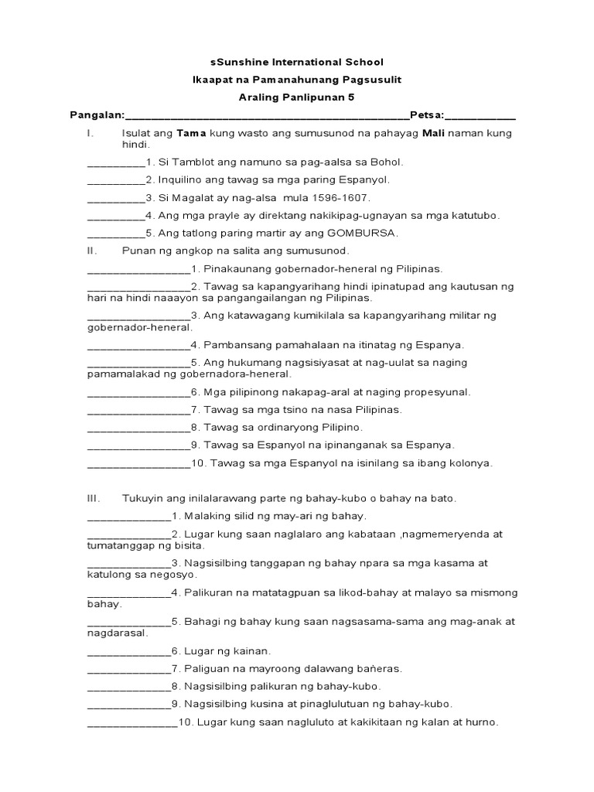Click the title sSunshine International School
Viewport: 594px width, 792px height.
pyautogui.click(x=297, y=62)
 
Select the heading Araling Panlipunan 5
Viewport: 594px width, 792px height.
pyautogui.click(x=297, y=98)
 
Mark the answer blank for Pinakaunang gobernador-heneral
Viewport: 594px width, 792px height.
pyautogui.click(x=138, y=270)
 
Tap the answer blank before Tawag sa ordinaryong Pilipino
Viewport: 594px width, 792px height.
pyautogui.click(x=138, y=428)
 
